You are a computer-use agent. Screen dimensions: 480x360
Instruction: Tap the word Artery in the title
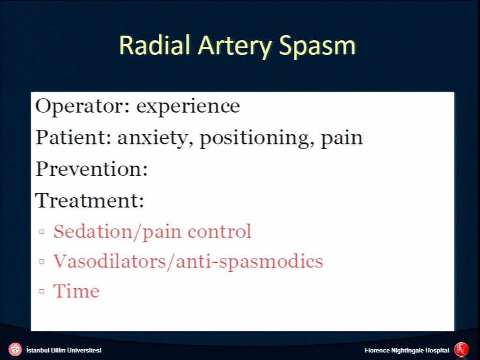click(234, 46)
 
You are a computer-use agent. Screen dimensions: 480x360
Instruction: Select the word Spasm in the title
click(317, 46)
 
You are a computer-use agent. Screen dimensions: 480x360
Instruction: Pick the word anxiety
click(155, 138)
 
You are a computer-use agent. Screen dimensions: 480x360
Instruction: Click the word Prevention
click(91, 168)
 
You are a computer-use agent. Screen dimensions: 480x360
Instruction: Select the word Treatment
click(90, 200)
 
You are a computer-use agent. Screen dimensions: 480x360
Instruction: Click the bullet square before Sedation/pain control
click(42, 232)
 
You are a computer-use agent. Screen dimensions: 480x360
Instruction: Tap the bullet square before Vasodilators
click(42, 262)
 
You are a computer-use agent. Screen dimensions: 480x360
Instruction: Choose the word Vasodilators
click(110, 261)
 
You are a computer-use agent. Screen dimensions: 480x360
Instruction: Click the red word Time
click(76, 291)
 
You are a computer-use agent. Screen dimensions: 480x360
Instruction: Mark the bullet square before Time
click(42, 291)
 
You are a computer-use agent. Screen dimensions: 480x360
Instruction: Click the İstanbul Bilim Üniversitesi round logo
click(15, 350)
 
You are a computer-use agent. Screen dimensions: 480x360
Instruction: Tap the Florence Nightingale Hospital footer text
click(407, 350)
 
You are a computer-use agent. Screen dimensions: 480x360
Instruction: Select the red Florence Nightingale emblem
click(461, 349)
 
